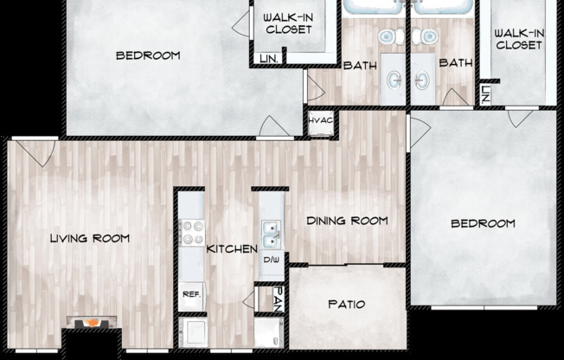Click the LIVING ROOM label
89,238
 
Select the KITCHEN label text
231,249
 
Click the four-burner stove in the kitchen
190,234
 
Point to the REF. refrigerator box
190,294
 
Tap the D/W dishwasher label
271,260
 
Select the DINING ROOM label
347,221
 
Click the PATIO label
347,305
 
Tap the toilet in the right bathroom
426,37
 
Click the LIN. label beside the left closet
267,59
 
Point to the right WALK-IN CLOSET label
519,39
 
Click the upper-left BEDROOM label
148,55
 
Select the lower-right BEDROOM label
483,223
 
